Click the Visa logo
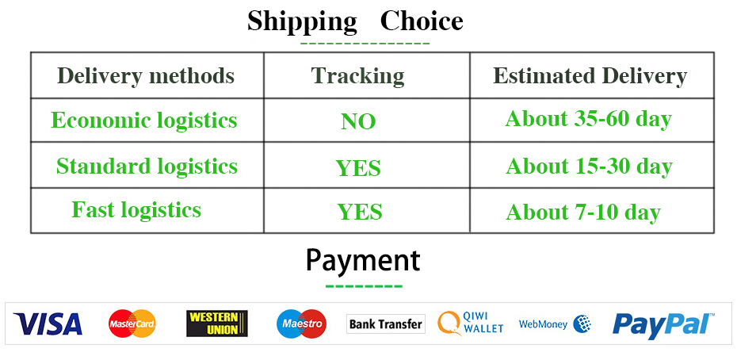point(48,324)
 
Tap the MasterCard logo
point(132,324)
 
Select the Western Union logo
point(216,324)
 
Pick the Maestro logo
point(301,324)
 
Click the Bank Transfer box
point(386,324)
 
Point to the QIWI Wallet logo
point(471,324)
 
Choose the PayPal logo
point(663,324)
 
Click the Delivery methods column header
point(146,76)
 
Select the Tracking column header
point(357,76)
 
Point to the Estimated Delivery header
point(590,76)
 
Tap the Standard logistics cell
point(147,166)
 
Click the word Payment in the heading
point(363,261)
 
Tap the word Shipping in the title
point(302,22)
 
